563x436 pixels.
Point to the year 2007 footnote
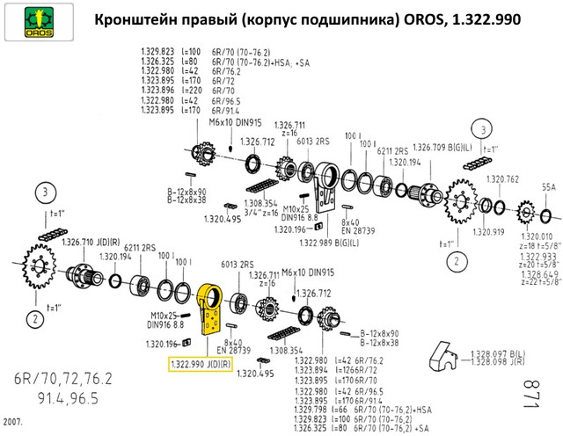click(12, 422)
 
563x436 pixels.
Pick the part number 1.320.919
click(490, 233)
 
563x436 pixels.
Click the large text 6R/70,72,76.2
click(62, 380)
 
